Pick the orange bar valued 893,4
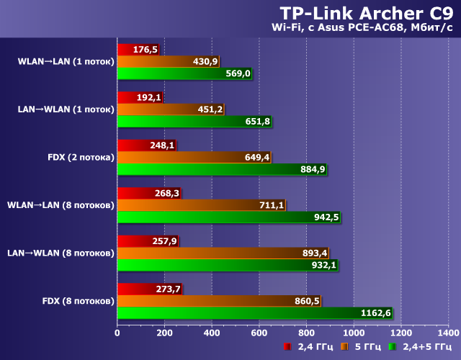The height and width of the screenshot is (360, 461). pyautogui.click(x=223, y=253)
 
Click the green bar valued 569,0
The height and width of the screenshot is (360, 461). pyautogui.click(x=184, y=73)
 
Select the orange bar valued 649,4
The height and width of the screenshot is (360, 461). pyautogui.click(x=194, y=157)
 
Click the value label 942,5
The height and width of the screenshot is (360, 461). pyautogui.click(x=325, y=217)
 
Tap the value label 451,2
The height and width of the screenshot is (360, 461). pyautogui.click(x=209, y=109)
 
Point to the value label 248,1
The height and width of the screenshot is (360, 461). pyautogui.click(x=162, y=145)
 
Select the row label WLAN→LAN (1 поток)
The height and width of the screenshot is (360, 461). pyautogui.click(x=66, y=61)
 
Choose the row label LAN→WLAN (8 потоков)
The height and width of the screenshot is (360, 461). pyautogui.click(x=61, y=253)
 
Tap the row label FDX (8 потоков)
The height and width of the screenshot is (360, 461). pyautogui.click(x=77, y=300)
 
